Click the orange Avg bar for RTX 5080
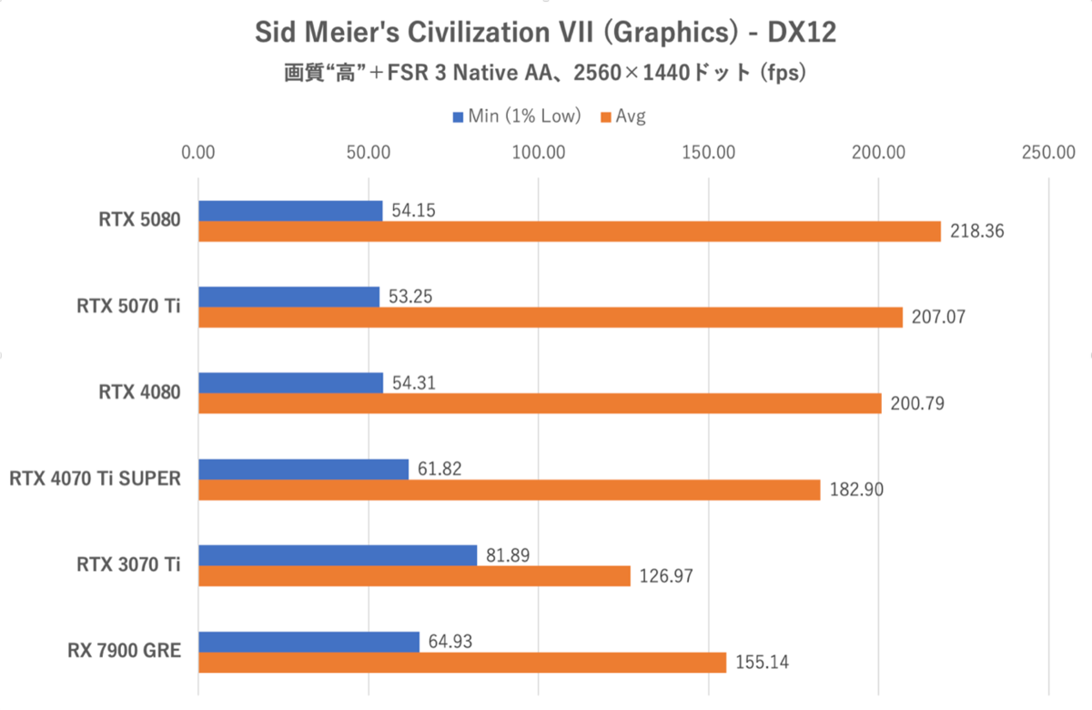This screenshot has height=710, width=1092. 569,232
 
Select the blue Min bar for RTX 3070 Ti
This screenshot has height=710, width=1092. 337,555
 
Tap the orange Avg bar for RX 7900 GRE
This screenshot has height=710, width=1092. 461,663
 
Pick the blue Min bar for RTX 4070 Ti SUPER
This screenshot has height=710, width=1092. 303,470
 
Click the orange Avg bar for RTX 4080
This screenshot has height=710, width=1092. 540,404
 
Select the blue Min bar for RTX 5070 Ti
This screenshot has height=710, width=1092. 288,297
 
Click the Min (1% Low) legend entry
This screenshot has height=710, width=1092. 516,116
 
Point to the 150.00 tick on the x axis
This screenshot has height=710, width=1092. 709,152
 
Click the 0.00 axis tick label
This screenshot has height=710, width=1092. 198,152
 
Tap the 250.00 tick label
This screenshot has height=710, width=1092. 1049,152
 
